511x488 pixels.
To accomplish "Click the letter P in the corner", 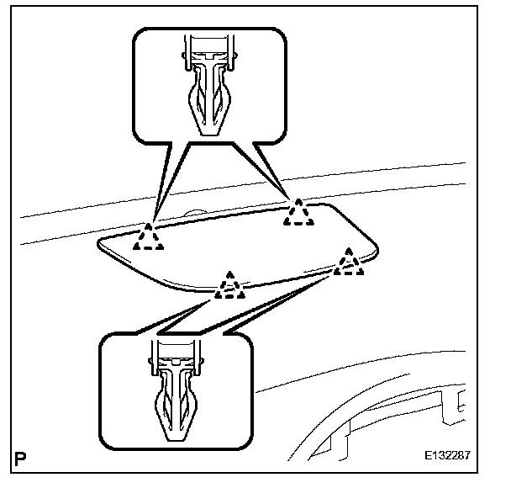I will click(x=18, y=459).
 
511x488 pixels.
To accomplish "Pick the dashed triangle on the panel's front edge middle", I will click(x=229, y=287).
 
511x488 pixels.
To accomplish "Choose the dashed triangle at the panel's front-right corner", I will click(x=349, y=263).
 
